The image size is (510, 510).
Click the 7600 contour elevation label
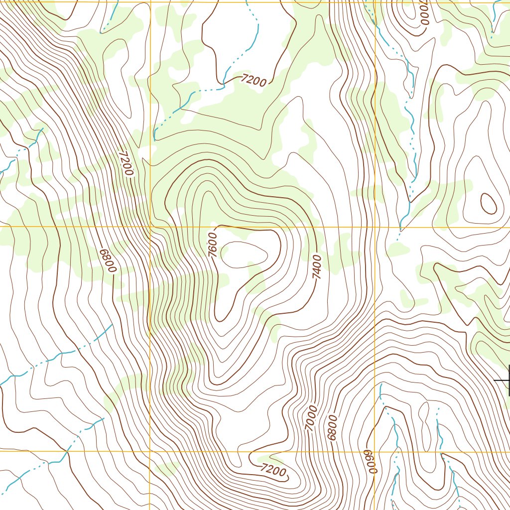[213, 245]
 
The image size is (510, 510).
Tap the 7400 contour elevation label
[317, 266]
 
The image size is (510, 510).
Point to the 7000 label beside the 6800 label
[311, 418]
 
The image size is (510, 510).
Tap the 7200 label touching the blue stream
[254, 80]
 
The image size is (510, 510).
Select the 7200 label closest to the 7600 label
[127, 164]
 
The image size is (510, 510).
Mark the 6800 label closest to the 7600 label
[107, 261]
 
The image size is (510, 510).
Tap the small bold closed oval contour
[488, 203]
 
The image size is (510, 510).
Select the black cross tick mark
[506, 381]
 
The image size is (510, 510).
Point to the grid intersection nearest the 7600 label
[150, 227]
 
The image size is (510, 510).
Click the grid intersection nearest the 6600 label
[375, 452]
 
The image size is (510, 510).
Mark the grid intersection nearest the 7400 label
[375, 227]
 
